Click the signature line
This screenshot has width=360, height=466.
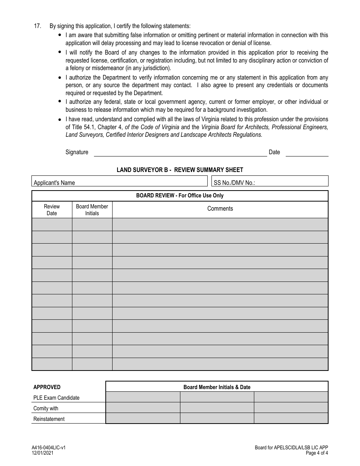click(180, 153)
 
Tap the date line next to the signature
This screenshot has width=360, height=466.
click(307, 153)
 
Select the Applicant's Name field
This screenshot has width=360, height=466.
click(120, 181)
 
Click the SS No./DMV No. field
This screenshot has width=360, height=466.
click(270, 181)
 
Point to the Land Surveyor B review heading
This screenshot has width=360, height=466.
click(180, 170)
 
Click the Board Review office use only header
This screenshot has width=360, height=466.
click(180, 196)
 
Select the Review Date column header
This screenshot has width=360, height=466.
click(52, 210)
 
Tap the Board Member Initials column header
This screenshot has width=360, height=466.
click(92, 210)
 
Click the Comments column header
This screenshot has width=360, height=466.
click(220, 209)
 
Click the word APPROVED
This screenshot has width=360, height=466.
click(47, 387)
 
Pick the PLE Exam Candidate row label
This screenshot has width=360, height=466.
click(56, 398)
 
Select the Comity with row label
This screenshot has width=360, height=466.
click(46, 408)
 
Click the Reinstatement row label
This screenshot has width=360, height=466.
click(49, 419)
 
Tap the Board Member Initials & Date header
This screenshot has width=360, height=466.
click(217, 387)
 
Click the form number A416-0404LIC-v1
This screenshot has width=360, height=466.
click(49, 447)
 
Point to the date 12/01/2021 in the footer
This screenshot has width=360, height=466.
click(42, 453)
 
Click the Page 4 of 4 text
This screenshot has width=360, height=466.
click(316, 453)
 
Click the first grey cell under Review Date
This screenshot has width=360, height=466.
click(52, 225)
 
